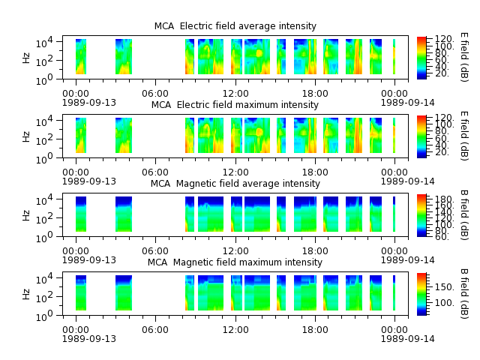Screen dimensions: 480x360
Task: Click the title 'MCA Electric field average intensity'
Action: point(235,26)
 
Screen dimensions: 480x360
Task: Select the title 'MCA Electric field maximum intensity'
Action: point(235,105)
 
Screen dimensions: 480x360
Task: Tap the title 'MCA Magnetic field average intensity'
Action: point(235,184)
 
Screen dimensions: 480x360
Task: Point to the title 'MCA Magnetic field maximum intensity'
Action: point(235,262)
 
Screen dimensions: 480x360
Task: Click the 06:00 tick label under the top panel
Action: point(155,94)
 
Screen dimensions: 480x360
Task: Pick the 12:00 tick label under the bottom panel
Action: point(235,330)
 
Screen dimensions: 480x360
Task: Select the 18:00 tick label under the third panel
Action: point(315,251)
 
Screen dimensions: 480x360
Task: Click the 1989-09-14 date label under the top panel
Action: point(407,103)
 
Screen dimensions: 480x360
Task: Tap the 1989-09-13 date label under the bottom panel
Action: point(89,339)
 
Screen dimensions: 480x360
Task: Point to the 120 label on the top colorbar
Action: point(444,39)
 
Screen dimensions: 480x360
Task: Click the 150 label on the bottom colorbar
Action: point(444,287)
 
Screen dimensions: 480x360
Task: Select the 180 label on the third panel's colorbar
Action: point(444,198)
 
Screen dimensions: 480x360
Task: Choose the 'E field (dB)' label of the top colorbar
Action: point(464,57)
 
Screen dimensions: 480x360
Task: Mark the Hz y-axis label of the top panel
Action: point(27,58)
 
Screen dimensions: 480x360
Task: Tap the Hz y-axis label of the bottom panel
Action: point(27,294)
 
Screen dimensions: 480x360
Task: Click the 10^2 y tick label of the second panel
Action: point(44,140)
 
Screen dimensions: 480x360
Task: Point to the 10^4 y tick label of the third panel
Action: point(44,200)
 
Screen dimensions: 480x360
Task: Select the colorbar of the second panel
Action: point(421,136)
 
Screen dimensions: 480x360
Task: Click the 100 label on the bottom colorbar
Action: point(444,303)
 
